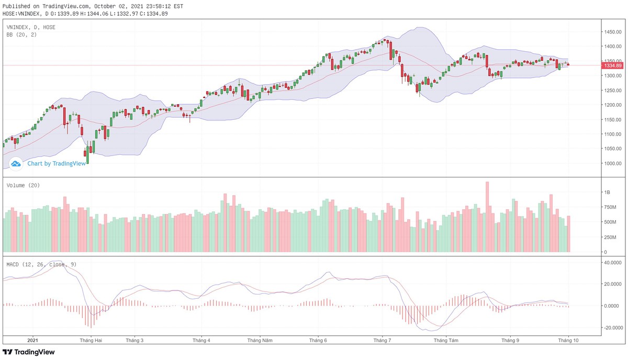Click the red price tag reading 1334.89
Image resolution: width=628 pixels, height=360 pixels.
[612, 65]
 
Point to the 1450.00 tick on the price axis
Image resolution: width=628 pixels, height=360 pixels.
[612, 32]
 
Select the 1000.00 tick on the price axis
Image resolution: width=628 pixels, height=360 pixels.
[612, 163]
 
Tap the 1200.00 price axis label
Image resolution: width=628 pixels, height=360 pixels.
[612, 105]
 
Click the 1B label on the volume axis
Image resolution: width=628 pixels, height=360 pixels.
[608, 193]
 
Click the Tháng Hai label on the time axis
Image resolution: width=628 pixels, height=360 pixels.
[91, 340]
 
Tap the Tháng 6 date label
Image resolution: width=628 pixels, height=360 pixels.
[318, 340]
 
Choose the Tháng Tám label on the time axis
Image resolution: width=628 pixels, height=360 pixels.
[446, 340]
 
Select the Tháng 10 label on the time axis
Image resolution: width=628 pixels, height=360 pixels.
[567, 340]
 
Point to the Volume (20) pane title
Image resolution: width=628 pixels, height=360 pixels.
[23, 185]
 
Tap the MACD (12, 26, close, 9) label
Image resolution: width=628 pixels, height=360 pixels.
[41, 264]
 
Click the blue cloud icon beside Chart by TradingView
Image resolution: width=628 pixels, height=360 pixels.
[16, 164]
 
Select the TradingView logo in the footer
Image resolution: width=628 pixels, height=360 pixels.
[29, 352]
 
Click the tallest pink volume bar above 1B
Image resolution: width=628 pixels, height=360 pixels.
[487, 217]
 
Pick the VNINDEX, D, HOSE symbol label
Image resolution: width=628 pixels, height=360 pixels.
[31, 27]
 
